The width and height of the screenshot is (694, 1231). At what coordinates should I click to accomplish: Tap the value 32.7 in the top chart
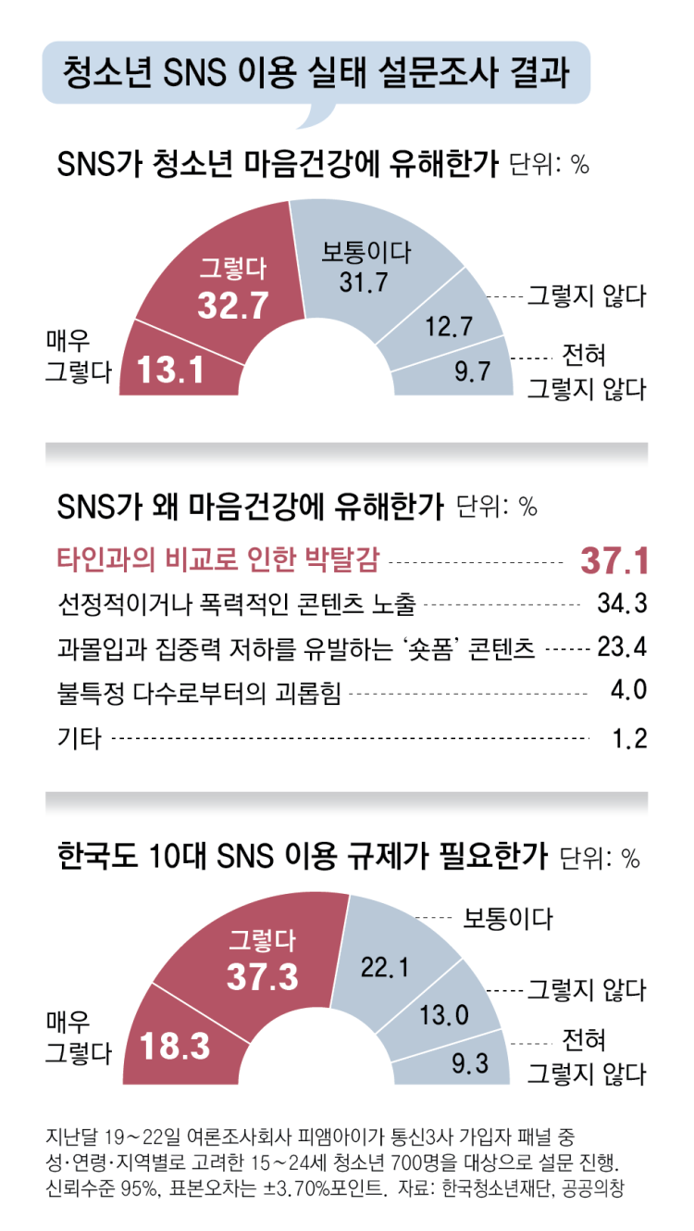pyautogui.click(x=233, y=306)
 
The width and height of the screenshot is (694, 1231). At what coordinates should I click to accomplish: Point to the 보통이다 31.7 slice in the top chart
pyautogui.click(x=365, y=269)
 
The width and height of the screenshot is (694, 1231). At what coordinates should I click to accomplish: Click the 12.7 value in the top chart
pyautogui.click(x=450, y=325)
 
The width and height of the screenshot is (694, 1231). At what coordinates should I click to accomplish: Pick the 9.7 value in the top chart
pyautogui.click(x=472, y=372)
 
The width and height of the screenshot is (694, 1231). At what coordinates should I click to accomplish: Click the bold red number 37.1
pyautogui.click(x=613, y=561)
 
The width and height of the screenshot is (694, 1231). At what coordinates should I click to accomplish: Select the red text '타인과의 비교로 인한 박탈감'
pyautogui.click(x=221, y=559)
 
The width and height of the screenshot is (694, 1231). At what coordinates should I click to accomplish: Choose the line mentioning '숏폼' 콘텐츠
pyautogui.click(x=296, y=647)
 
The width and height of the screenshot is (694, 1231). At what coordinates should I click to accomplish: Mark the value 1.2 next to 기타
pyautogui.click(x=629, y=737)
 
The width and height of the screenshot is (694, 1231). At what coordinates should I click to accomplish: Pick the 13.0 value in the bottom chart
pyautogui.click(x=445, y=1014)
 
